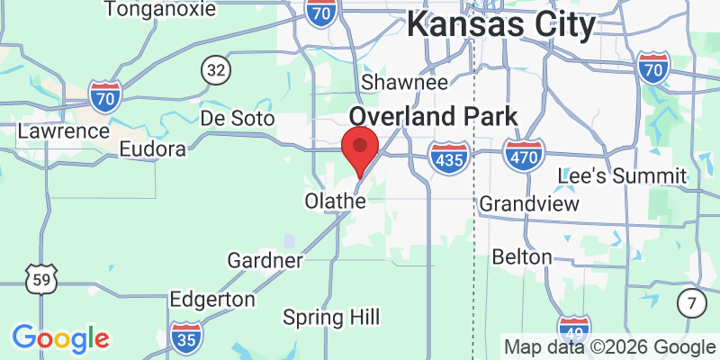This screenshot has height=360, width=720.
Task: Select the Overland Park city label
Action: coord(433,116)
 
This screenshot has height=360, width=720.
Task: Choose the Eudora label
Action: coord(152,148)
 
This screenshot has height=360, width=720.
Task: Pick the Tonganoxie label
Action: coord(160,10)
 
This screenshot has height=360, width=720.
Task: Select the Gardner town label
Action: coord(265,260)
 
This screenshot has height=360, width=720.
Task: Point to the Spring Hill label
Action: coord(331,317)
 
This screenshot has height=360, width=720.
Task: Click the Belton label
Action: coord(522,257)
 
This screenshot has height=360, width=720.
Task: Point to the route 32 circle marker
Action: coord(215,69)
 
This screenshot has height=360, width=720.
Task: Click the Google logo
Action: coord(60,338)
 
